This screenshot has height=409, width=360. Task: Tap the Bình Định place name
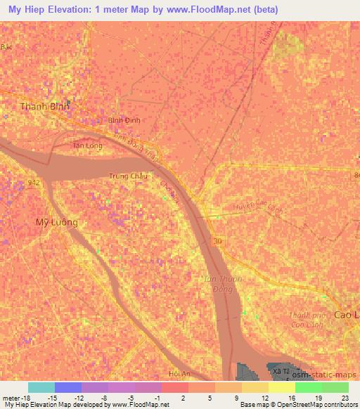pos(124,120)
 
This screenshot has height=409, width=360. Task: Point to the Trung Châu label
pos(126,176)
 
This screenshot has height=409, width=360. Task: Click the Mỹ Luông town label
pos(57,221)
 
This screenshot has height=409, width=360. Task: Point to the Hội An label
pos(181,373)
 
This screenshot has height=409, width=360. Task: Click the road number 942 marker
pos(33,182)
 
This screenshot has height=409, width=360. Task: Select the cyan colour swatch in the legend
pos(41,387)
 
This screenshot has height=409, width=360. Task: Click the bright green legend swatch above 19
pos(308,387)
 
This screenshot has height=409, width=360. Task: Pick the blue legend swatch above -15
pos(68,387)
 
